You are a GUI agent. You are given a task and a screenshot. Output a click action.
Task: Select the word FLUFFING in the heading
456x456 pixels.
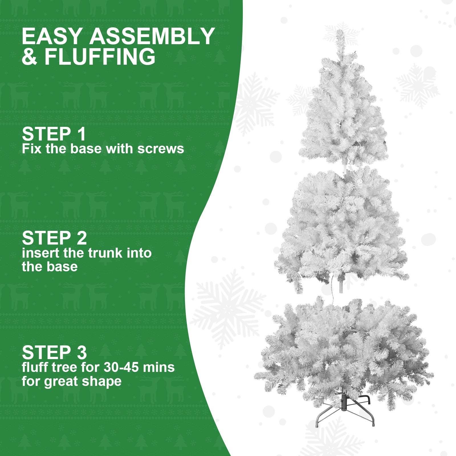coord(100,57)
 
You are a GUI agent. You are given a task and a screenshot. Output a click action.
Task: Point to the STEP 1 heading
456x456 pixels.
coord(54,134)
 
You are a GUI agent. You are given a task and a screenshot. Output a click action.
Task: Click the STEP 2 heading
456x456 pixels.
coord(54,238)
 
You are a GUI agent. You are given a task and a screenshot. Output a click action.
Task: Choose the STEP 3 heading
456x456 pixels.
coord(54,353)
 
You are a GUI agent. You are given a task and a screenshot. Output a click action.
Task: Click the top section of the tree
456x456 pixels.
coord(343,114)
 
